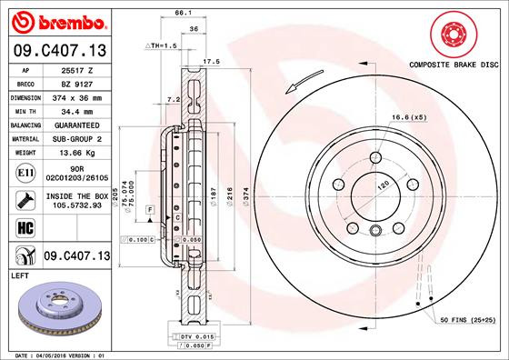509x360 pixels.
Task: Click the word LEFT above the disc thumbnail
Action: (x=20, y=274)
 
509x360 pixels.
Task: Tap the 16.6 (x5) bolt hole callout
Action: (x=409, y=117)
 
